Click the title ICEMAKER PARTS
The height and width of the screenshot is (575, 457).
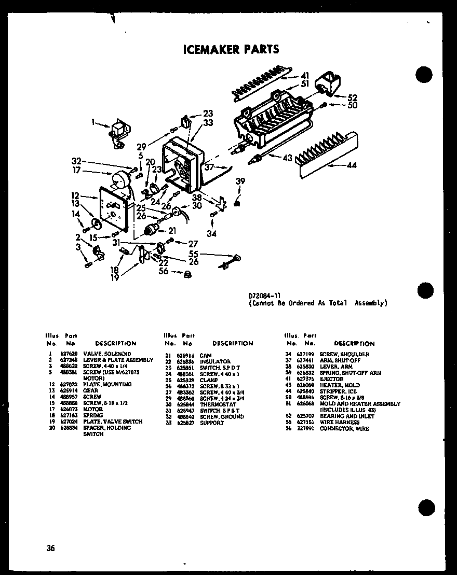(x=231, y=49)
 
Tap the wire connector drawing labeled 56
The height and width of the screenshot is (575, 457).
(x=187, y=274)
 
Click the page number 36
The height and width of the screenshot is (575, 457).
(x=50, y=548)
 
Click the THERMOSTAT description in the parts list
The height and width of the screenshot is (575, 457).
(x=218, y=404)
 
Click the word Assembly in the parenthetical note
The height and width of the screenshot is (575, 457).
(x=371, y=303)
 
